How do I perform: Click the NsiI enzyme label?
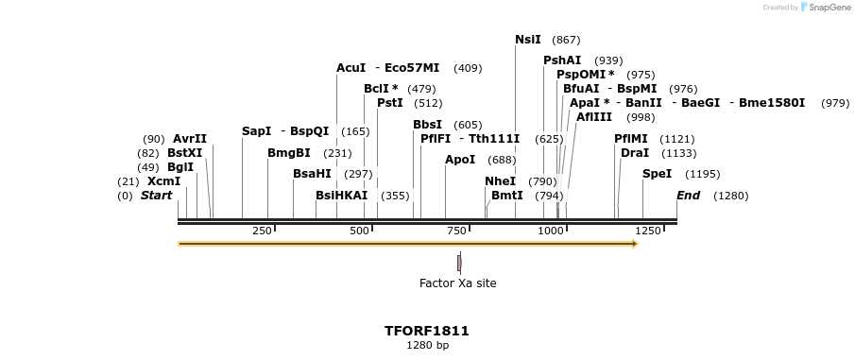[x=528, y=40]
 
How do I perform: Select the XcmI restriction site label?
[x=163, y=181]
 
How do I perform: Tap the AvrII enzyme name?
[x=190, y=139]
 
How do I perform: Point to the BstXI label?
[x=184, y=153]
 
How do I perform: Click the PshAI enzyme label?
[x=562, y=60]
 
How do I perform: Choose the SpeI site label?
[x=657, y=174]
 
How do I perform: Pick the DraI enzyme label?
[x=635, y=153]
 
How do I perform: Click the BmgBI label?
[x=289, y=153]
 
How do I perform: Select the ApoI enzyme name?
[x=460, y=160]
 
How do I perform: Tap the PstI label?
[x=390, y=103]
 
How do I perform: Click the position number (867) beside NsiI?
[x=566, y=40]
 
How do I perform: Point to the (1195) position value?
[x=702, y=174]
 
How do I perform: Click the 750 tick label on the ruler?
[x=455, y=231]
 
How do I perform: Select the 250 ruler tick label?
[x=262, y=231]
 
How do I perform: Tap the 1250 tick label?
[x=648, y=231]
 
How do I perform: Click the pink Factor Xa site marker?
[x=459, y=262]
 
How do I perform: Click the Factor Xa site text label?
[x=457, y=283]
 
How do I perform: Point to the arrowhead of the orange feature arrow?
[x=635, y=244]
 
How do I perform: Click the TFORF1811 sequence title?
[x=427, y=331]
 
